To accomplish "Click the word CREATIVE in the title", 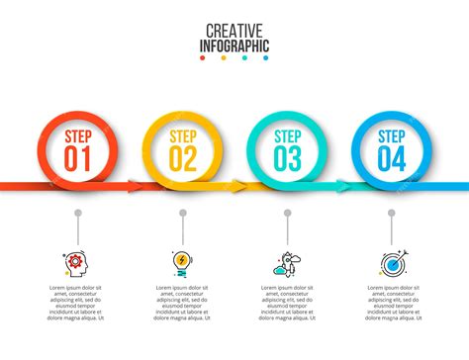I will click(x=234, y=32).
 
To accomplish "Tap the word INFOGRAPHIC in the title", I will click(x=234, y=45).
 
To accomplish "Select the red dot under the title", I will click(x=202, y=58).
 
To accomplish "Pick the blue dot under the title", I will click(x=267, y=58).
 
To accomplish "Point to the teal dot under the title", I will click(x=245, y=58).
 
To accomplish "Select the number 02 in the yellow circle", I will click(x=183, y=158).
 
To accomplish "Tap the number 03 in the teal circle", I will click(x=288, y=158).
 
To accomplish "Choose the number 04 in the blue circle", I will click(x=391, y=158).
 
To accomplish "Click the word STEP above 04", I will click(x=391, y=136).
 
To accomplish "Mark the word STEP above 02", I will click(x=183, y=136).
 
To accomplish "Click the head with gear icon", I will click(x=78, y=262).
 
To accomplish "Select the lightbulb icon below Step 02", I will click(x=182, y=262).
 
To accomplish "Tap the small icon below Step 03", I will click(x=287, y=263).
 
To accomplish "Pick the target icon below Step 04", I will click(x=391, y=263).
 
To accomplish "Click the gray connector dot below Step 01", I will click(x=78, y=213).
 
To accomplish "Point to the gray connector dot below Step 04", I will click(x=391, y=213).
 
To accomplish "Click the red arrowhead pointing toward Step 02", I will click(x=135, y=183).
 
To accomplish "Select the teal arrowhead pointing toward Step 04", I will click(x=343, y=183).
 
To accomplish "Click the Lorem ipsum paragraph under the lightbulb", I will click(x=182, y=303).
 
